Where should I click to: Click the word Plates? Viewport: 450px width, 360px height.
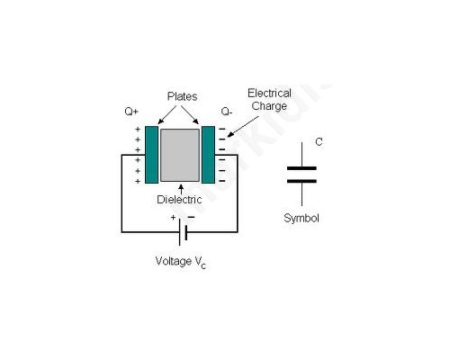pos(182,96)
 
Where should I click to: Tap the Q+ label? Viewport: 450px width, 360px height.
pos(131,112)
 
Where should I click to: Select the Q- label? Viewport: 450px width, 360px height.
pos(227,112)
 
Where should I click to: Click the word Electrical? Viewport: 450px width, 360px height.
pos(269,94)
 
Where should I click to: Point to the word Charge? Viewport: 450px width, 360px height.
pos(269,106)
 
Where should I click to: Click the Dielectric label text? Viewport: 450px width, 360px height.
pos(179,200)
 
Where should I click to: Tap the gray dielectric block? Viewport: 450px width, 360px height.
pos(180,155)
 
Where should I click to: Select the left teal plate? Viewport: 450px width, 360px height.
pos(151,155)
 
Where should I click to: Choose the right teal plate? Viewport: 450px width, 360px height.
pos(208,155)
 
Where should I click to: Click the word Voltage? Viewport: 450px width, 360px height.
pos(174,261)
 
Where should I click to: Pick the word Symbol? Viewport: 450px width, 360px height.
pos(301,218)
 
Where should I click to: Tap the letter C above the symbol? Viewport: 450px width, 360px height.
pos(319,141)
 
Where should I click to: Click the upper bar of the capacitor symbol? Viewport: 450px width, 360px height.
pos(301,168)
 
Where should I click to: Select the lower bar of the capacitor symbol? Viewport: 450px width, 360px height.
pos(301,181)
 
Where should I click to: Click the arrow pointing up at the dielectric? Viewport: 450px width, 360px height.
pos(181,189)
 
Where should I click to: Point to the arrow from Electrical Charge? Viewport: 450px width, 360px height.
pos(242,127)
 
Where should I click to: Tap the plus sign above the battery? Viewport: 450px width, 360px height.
pos(173,218)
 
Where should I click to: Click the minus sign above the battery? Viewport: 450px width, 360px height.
pos(191,217)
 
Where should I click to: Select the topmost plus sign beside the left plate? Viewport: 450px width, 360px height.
pos(138,130)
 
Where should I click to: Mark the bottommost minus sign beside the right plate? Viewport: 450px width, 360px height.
pos(222,181)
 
